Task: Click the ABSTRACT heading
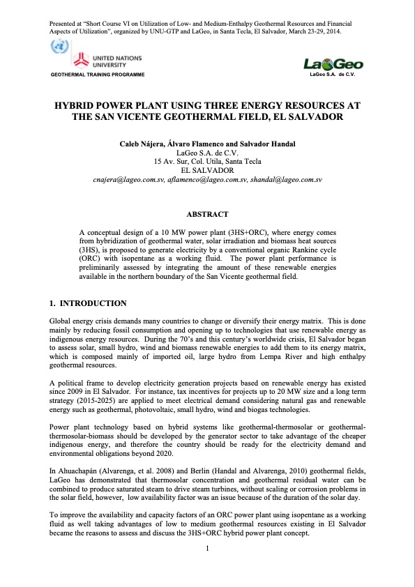pyautogui.click(x=207, y=213)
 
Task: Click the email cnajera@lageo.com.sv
pyautogui.click(x=130, y=179)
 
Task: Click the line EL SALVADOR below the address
pyautogui.click(x=207, y=170)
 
